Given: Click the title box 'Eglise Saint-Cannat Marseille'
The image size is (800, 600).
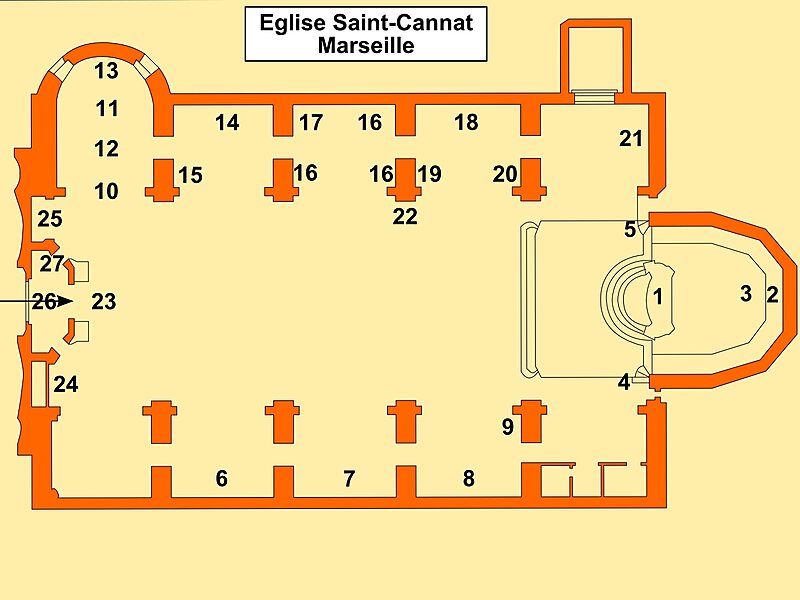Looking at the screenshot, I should coord(366,33).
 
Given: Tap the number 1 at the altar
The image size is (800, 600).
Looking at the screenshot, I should coord(657,296).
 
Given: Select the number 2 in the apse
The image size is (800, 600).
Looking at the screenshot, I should coord(772,294).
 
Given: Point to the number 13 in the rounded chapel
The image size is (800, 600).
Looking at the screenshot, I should coord(107,71).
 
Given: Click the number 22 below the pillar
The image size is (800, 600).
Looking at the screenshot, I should coord(405,216).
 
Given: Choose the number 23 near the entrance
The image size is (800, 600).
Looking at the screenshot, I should coord(104,301).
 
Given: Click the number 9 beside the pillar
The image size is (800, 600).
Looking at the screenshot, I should coord(508,428).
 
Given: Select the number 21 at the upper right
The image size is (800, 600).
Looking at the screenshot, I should coord(631,139).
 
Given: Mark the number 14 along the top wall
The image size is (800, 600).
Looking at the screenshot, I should coord(227,123).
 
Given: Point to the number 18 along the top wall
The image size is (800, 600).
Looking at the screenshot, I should coord(466,123).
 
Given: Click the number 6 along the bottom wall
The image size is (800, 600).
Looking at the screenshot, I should coord(222,479).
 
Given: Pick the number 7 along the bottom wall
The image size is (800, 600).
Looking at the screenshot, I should coord(349,479).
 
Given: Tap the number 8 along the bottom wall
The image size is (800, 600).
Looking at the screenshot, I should coord(468,479).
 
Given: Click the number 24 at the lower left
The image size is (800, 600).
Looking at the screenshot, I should coord(66,384).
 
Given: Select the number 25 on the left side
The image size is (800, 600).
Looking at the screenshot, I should coord(50,218).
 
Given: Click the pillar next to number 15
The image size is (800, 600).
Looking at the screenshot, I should coord(160,178).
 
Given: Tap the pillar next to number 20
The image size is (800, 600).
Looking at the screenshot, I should coord(531,178).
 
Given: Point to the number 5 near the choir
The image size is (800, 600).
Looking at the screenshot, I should coord(629,229).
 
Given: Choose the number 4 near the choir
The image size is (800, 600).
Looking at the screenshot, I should coord(624,381).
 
